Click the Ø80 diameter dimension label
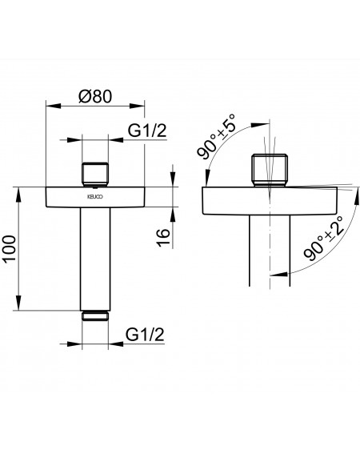click(95, 96)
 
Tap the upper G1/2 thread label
click(147, 131)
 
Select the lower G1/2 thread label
click(145, 335)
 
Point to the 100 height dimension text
click(10, 248)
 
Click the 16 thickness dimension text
click(163, 238)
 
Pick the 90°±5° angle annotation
click(216, 136)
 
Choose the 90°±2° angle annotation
click(324, 238)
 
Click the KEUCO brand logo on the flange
click(95, 197)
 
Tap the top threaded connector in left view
click(95, 175)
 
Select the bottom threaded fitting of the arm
click(95, 316)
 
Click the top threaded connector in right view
click(270, 171)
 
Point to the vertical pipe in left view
click(95, 259)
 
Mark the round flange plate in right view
click(270, 201)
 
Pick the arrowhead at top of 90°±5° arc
click(260, 125)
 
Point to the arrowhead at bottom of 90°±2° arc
click(278, 274)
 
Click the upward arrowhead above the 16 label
click(173, 215)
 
